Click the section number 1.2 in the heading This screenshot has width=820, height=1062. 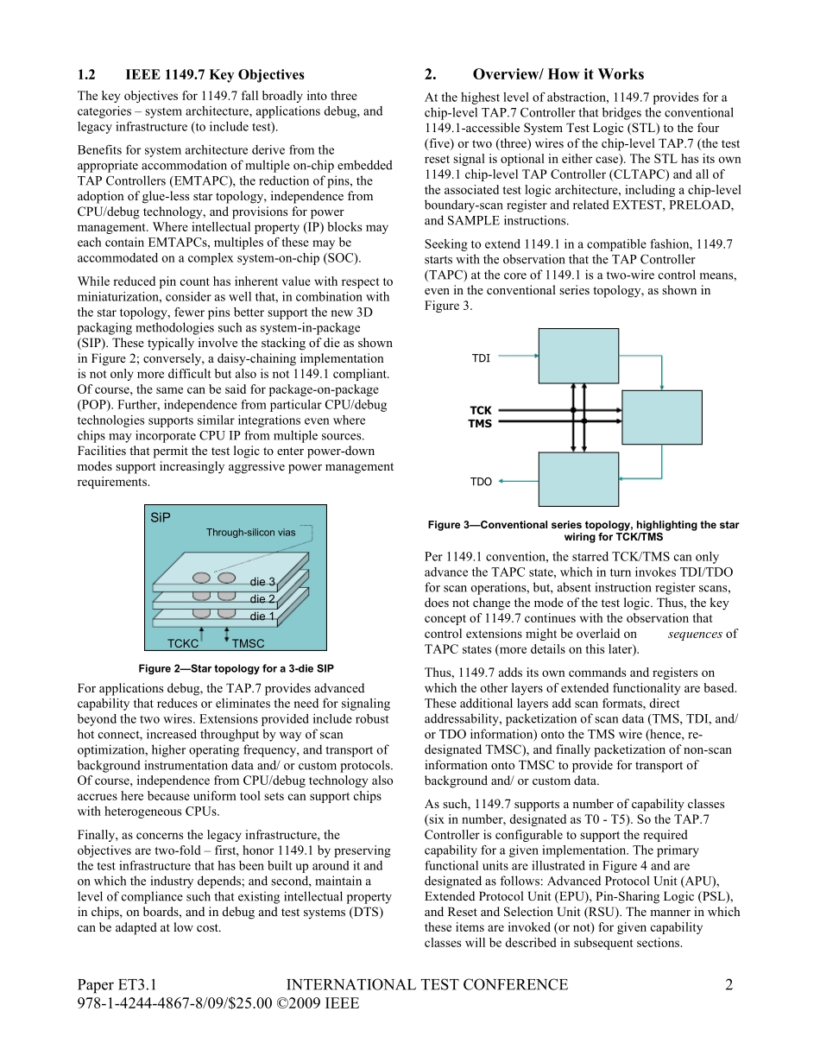(86, 75)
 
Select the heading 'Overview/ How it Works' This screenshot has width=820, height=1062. (558, 74)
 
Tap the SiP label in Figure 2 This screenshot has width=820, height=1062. (161, 518)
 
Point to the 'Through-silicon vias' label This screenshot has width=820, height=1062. (250, 533)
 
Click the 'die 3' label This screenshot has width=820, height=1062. (262, 582)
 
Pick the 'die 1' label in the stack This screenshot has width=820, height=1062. (262, 616)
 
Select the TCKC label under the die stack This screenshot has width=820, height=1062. (183, 643)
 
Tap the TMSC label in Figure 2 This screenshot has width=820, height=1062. (249, 643)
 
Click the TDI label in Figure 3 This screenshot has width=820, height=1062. (481, 358)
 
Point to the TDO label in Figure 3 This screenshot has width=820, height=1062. (481, 482)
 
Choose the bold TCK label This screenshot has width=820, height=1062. (480, 411)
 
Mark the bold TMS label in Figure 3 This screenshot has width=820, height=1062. (480, 424)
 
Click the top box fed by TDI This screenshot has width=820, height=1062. (578, 356)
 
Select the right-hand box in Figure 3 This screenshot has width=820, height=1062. (662, 417)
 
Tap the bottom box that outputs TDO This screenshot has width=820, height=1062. (578, 479)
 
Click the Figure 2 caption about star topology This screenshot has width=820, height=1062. (236, 668)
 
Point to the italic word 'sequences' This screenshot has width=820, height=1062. (695, 634)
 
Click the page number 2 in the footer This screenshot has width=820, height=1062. (729, 985)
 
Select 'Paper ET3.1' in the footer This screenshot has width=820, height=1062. (117, 985)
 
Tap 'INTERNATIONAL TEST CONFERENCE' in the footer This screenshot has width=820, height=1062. (426, 985)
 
